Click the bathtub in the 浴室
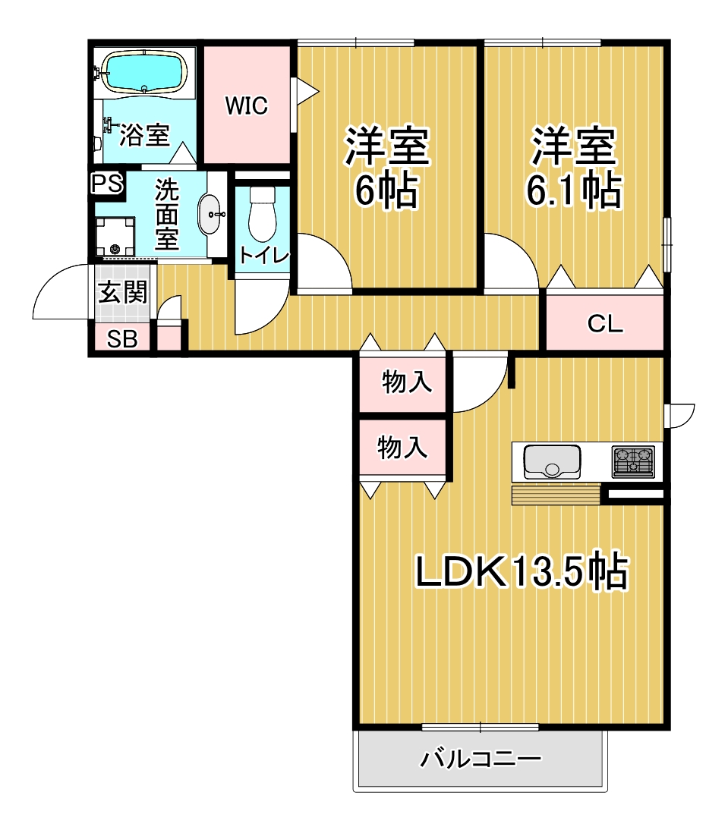pyautogui.click(x=144, y=72)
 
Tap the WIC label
pyautogui.click(x=247, y=105)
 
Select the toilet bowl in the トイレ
pyautogui.click(x=262, y=214)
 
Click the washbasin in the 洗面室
pyautogui.click(x=211, y=215)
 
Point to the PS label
pyautogui.click(x=108, y=184)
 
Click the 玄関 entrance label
pyautogui.click(x=123, y=293)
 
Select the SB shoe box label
pyautogui.click(x=122, y=339)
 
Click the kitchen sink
pyautogui.click(x=552, y=461)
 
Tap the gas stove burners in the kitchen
pyautogui.click(x=633, y=461)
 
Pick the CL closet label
pyautogui.click(x=605, y=324)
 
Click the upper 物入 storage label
pyautogui.click(x=407, y=382)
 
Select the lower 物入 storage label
pyautogui.click(x=402, y=448)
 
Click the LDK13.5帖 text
pyautogui.click(x=522, y=571)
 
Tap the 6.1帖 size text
pyautogui.click(x=574, y=190)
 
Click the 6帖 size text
pyautogui.click(x=387, y=190)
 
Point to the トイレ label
pyautogui.click(x=264, y=256)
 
